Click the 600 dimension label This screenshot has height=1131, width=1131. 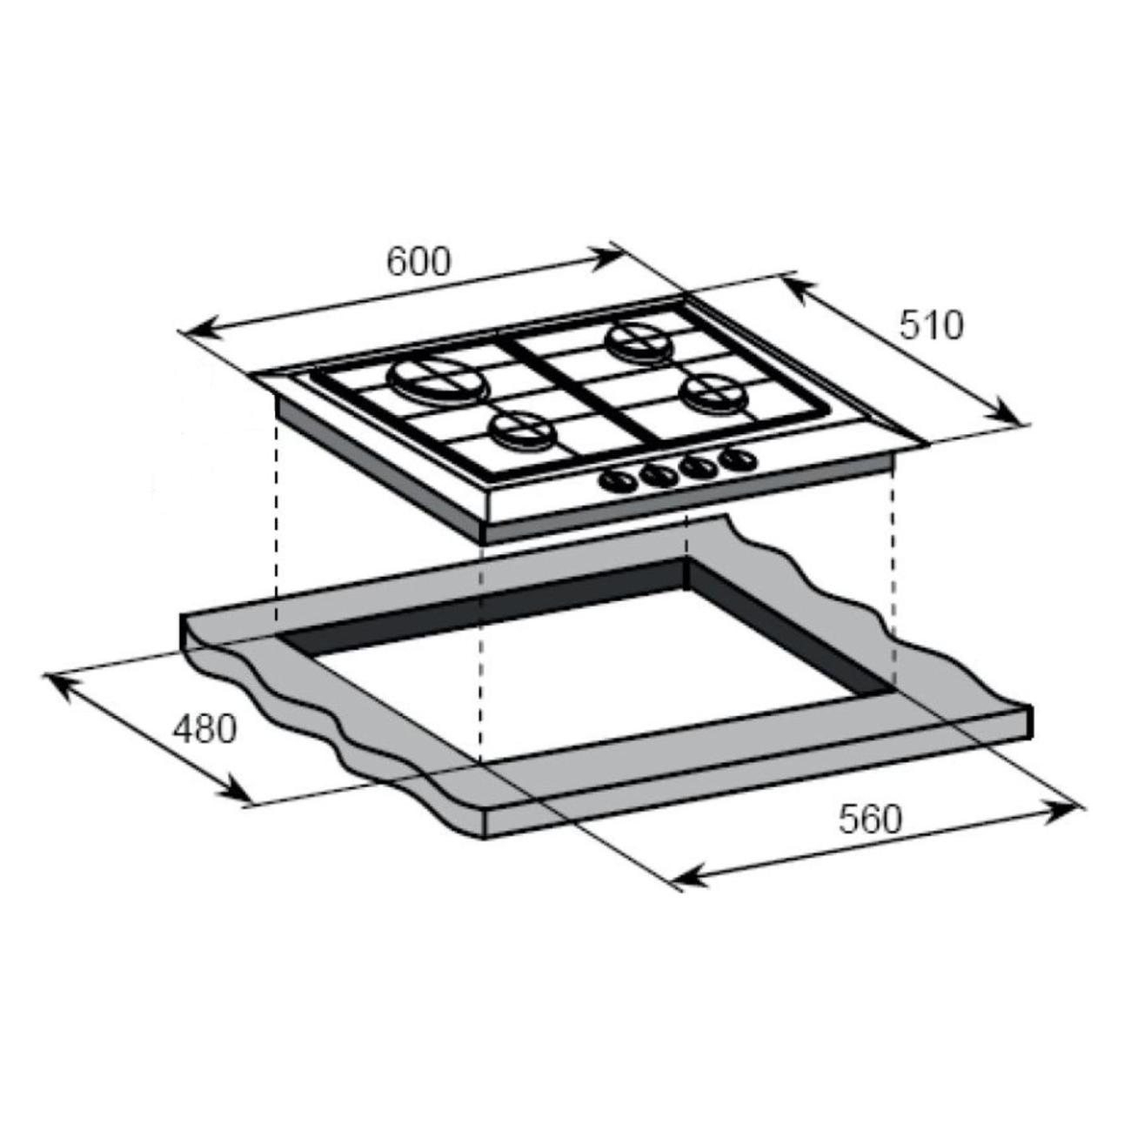(x=418, y=262)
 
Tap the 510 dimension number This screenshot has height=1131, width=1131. (x=932, y=325)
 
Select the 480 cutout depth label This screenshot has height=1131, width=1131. (x=204, y=729)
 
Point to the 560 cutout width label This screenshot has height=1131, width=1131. (x=869, y=819)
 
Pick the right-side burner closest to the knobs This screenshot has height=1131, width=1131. (x=713, y=391)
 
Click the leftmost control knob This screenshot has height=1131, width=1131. (x=618, y=481)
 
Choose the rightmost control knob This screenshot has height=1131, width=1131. (x=739, y=458)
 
